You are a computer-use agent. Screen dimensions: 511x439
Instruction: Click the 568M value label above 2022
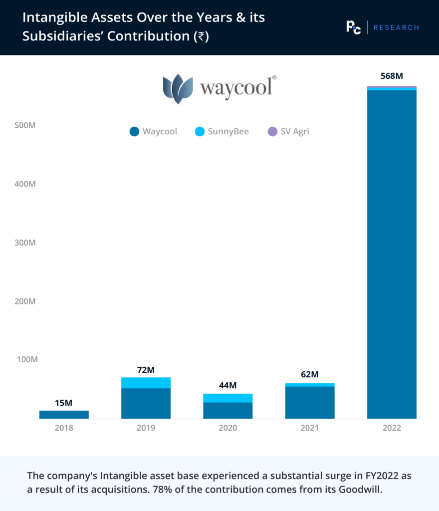[x=392, y=76]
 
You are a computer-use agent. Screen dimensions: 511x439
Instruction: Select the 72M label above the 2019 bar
[x=146, y=370]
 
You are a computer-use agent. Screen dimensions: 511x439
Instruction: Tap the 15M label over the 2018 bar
[x=64, y=403]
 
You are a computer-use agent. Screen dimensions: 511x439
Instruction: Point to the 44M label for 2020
[x=227, y=386]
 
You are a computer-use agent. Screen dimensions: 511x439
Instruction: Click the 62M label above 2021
[x=310, y=375]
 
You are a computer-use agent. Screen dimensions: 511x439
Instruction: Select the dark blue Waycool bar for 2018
[x=64, y=414]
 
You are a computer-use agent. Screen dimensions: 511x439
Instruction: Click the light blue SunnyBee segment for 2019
[x=146, y=383]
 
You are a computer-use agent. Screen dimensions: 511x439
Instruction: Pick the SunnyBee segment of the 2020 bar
[x=227, y=398]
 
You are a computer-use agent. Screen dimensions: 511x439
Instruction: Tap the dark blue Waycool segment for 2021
[x=310, y=402]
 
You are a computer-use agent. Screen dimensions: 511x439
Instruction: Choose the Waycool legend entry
[x=153, y=132]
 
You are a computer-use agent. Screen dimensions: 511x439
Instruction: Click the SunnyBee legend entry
[x=222, y=132]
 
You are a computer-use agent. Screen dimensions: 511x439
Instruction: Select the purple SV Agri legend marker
[x=272, y=132]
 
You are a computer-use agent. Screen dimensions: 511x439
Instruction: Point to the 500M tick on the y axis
[x=25, y=125]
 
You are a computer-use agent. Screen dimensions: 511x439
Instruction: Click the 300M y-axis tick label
[x=25, y=243]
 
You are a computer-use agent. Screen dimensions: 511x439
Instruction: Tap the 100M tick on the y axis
[x=25, y=360]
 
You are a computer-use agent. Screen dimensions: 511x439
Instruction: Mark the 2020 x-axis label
[x=227, y=428]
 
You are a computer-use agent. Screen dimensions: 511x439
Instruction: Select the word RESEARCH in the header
[x=396, y=27]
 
